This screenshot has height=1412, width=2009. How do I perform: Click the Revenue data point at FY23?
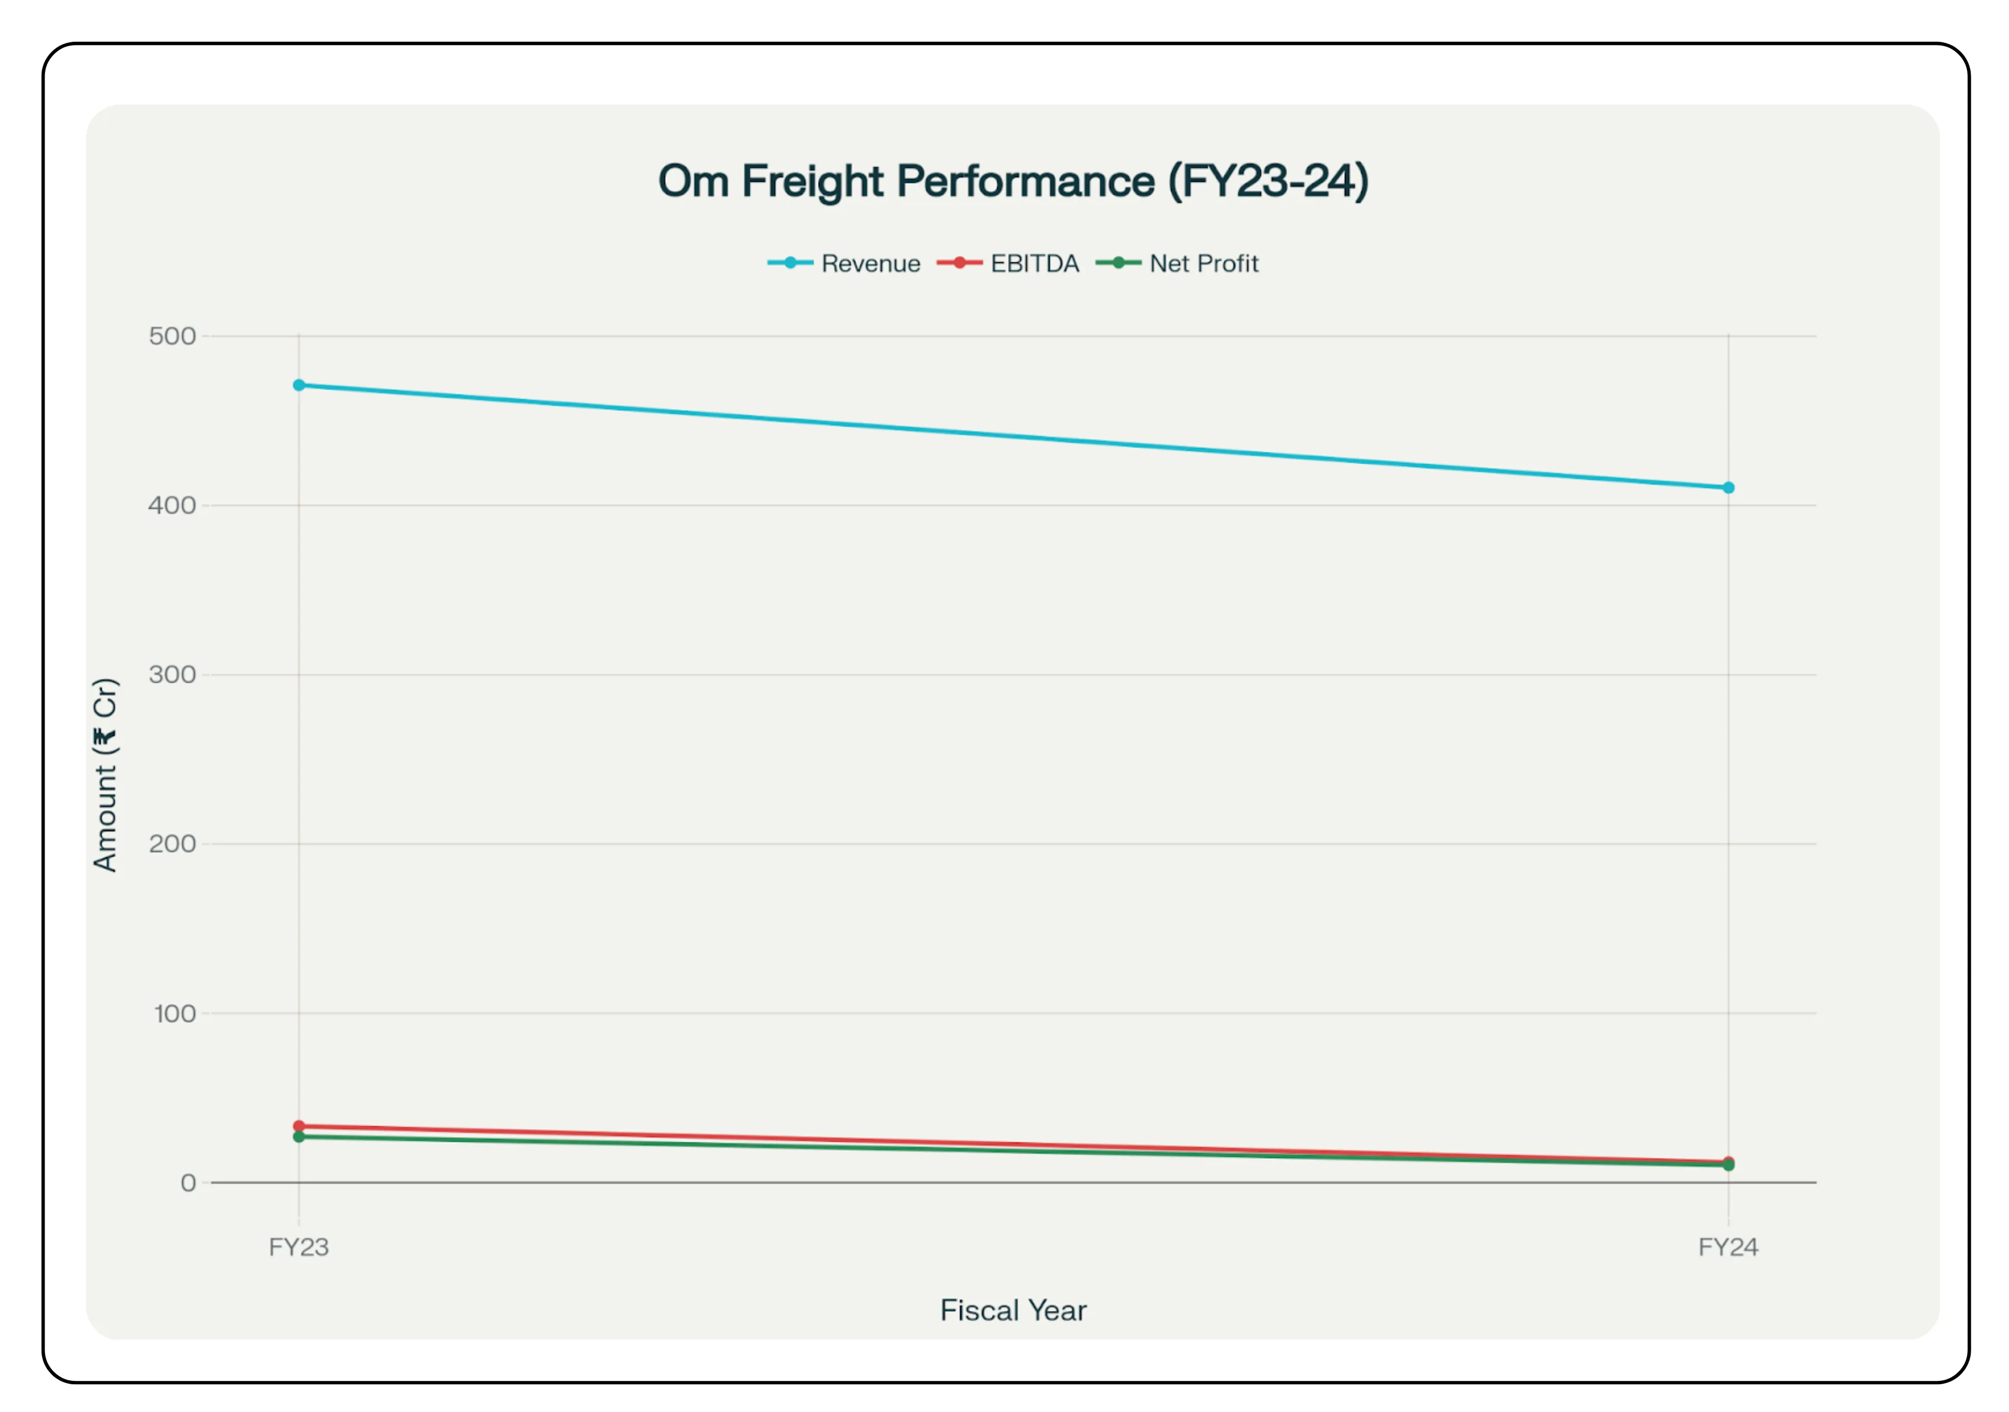point(298,385)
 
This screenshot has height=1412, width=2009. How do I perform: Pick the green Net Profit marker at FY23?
point(298,1136)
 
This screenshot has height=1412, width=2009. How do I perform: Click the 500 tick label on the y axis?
point(172,336)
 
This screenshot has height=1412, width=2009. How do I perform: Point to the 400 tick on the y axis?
point(172,505)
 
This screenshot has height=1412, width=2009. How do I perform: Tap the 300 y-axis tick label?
point(172,674)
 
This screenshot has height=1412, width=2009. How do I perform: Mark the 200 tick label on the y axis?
point(172,844)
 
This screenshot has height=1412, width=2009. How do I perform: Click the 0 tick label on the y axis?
point(188,1184)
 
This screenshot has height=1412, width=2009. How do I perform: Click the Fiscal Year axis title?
point(1013,1310)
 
